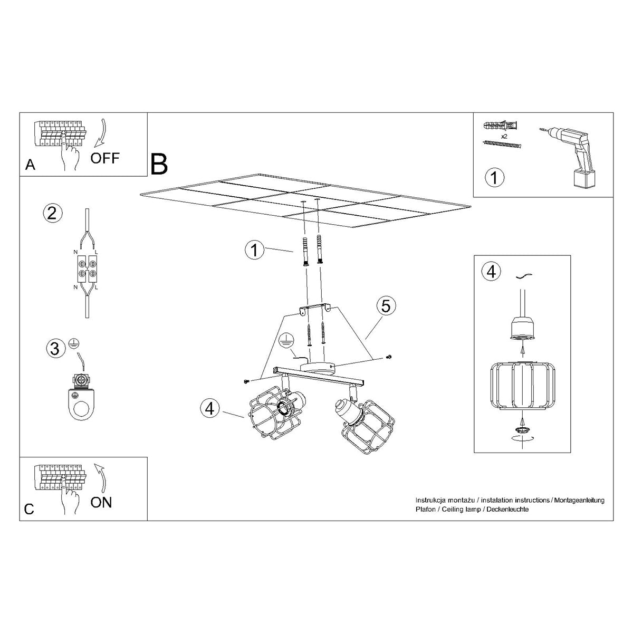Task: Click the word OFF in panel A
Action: click(x=105, y=157)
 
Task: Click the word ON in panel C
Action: click(x=101, y=502)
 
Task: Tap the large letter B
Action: click(x=159, y=164)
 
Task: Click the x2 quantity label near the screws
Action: click(x=504, y=136)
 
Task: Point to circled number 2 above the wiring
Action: click(x=52, y=213)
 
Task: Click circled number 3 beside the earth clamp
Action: click(x=54, y=348)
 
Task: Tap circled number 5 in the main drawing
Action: click(x=386, y=306)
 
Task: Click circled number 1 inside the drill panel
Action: click(x=494, y=177)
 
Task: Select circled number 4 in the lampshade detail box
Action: click(x=491, y=272)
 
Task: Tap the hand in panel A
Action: click(x=69, y=155)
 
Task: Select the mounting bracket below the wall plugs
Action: click(x=315, y=310)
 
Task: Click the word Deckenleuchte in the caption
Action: click(x=507, y=510)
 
